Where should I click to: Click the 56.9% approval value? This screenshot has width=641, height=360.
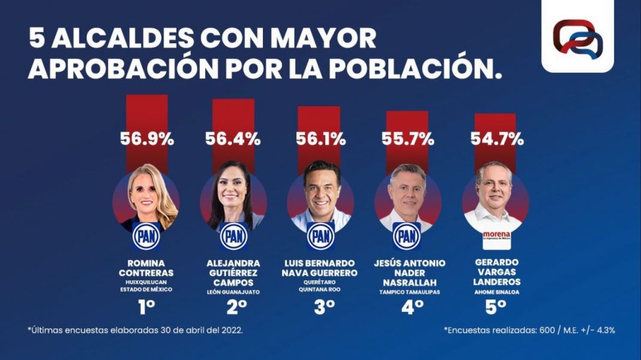(x=147, y=140)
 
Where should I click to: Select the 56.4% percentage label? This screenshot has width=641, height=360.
(x=233, y=140)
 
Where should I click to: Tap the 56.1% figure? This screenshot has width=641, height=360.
(x=320, y=140)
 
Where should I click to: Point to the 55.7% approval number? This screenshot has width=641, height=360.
(x=408, y=140)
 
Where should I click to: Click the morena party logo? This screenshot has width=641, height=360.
(x=496, y=236)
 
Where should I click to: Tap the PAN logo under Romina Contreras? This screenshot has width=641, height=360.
(x=146, y=236)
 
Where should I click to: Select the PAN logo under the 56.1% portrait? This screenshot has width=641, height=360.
(x=321, y=236)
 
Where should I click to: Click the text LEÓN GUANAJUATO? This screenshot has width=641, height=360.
(x=233, y=292)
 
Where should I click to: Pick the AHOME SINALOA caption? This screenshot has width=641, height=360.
(x=496, y=292)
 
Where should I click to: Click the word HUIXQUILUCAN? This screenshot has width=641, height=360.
(x=146, y=280)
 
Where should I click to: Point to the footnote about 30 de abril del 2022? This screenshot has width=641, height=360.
(x=135, y=331)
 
